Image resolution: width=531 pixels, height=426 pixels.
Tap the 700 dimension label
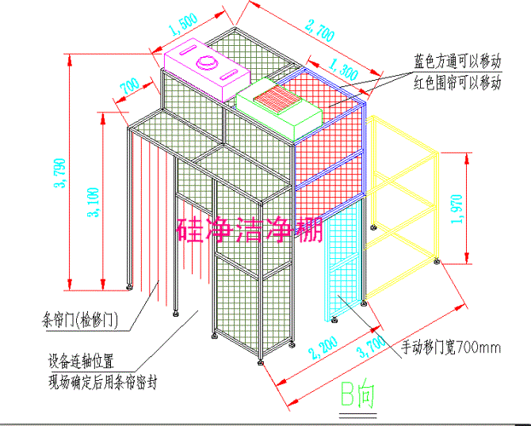[x=128, y=85]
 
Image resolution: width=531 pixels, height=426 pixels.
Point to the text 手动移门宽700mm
[x=449, y=347]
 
